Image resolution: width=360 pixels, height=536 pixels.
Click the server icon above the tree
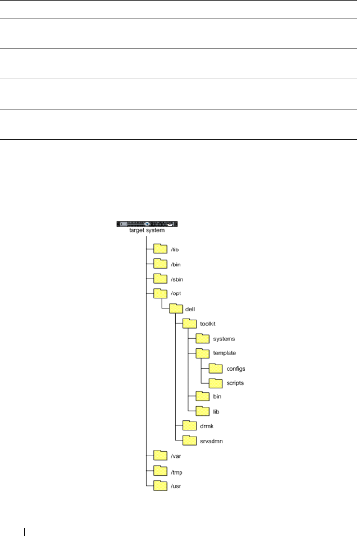pos(147,224)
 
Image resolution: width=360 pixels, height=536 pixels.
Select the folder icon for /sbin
pos(160,278)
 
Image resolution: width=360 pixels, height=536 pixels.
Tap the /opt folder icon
pos(160,293)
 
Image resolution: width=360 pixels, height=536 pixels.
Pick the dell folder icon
pos(175,308)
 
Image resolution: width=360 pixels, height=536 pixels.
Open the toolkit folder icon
pos(189,324)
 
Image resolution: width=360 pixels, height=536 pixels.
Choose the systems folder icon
pos(202,338)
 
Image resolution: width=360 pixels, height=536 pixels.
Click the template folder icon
pos(202,353)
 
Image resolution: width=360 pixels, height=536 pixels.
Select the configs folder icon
pos(216,369)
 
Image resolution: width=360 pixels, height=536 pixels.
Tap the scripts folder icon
pos(216,383)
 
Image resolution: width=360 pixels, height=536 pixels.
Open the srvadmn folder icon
pos(189,441)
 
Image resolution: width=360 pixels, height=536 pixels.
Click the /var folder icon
pos(160,456)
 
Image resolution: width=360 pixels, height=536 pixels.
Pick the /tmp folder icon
pos(160,471)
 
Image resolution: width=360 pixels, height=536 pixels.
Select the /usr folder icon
pos(160,485)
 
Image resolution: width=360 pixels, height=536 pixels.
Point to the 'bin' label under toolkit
pos(217,397)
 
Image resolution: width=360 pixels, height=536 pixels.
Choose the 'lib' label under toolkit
pos(216,412)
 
